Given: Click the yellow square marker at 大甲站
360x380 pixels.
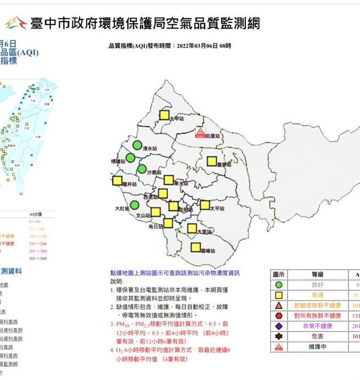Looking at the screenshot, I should pos(164,115).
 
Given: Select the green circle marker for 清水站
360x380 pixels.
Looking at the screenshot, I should pos(137,145).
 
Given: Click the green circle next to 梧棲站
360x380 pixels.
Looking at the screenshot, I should pos(130,158).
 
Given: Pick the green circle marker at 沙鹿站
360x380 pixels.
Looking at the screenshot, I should pos(142,169).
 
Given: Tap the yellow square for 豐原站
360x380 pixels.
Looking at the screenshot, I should pos(212,161).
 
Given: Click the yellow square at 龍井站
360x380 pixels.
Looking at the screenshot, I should pos(117,181).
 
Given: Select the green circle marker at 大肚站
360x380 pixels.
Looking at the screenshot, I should pos(134,205).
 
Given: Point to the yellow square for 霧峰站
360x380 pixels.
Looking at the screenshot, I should pos(195,247).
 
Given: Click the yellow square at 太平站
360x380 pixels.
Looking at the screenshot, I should pos(205,205).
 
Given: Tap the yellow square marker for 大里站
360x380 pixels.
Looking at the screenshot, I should pos(192,228).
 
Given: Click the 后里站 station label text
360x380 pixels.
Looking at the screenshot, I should pos(212,135).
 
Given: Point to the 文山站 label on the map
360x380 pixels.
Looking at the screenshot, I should pos(142,216).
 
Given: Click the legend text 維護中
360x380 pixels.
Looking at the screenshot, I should pos(318,346).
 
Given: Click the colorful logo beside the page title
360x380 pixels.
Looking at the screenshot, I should pos(15,22).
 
